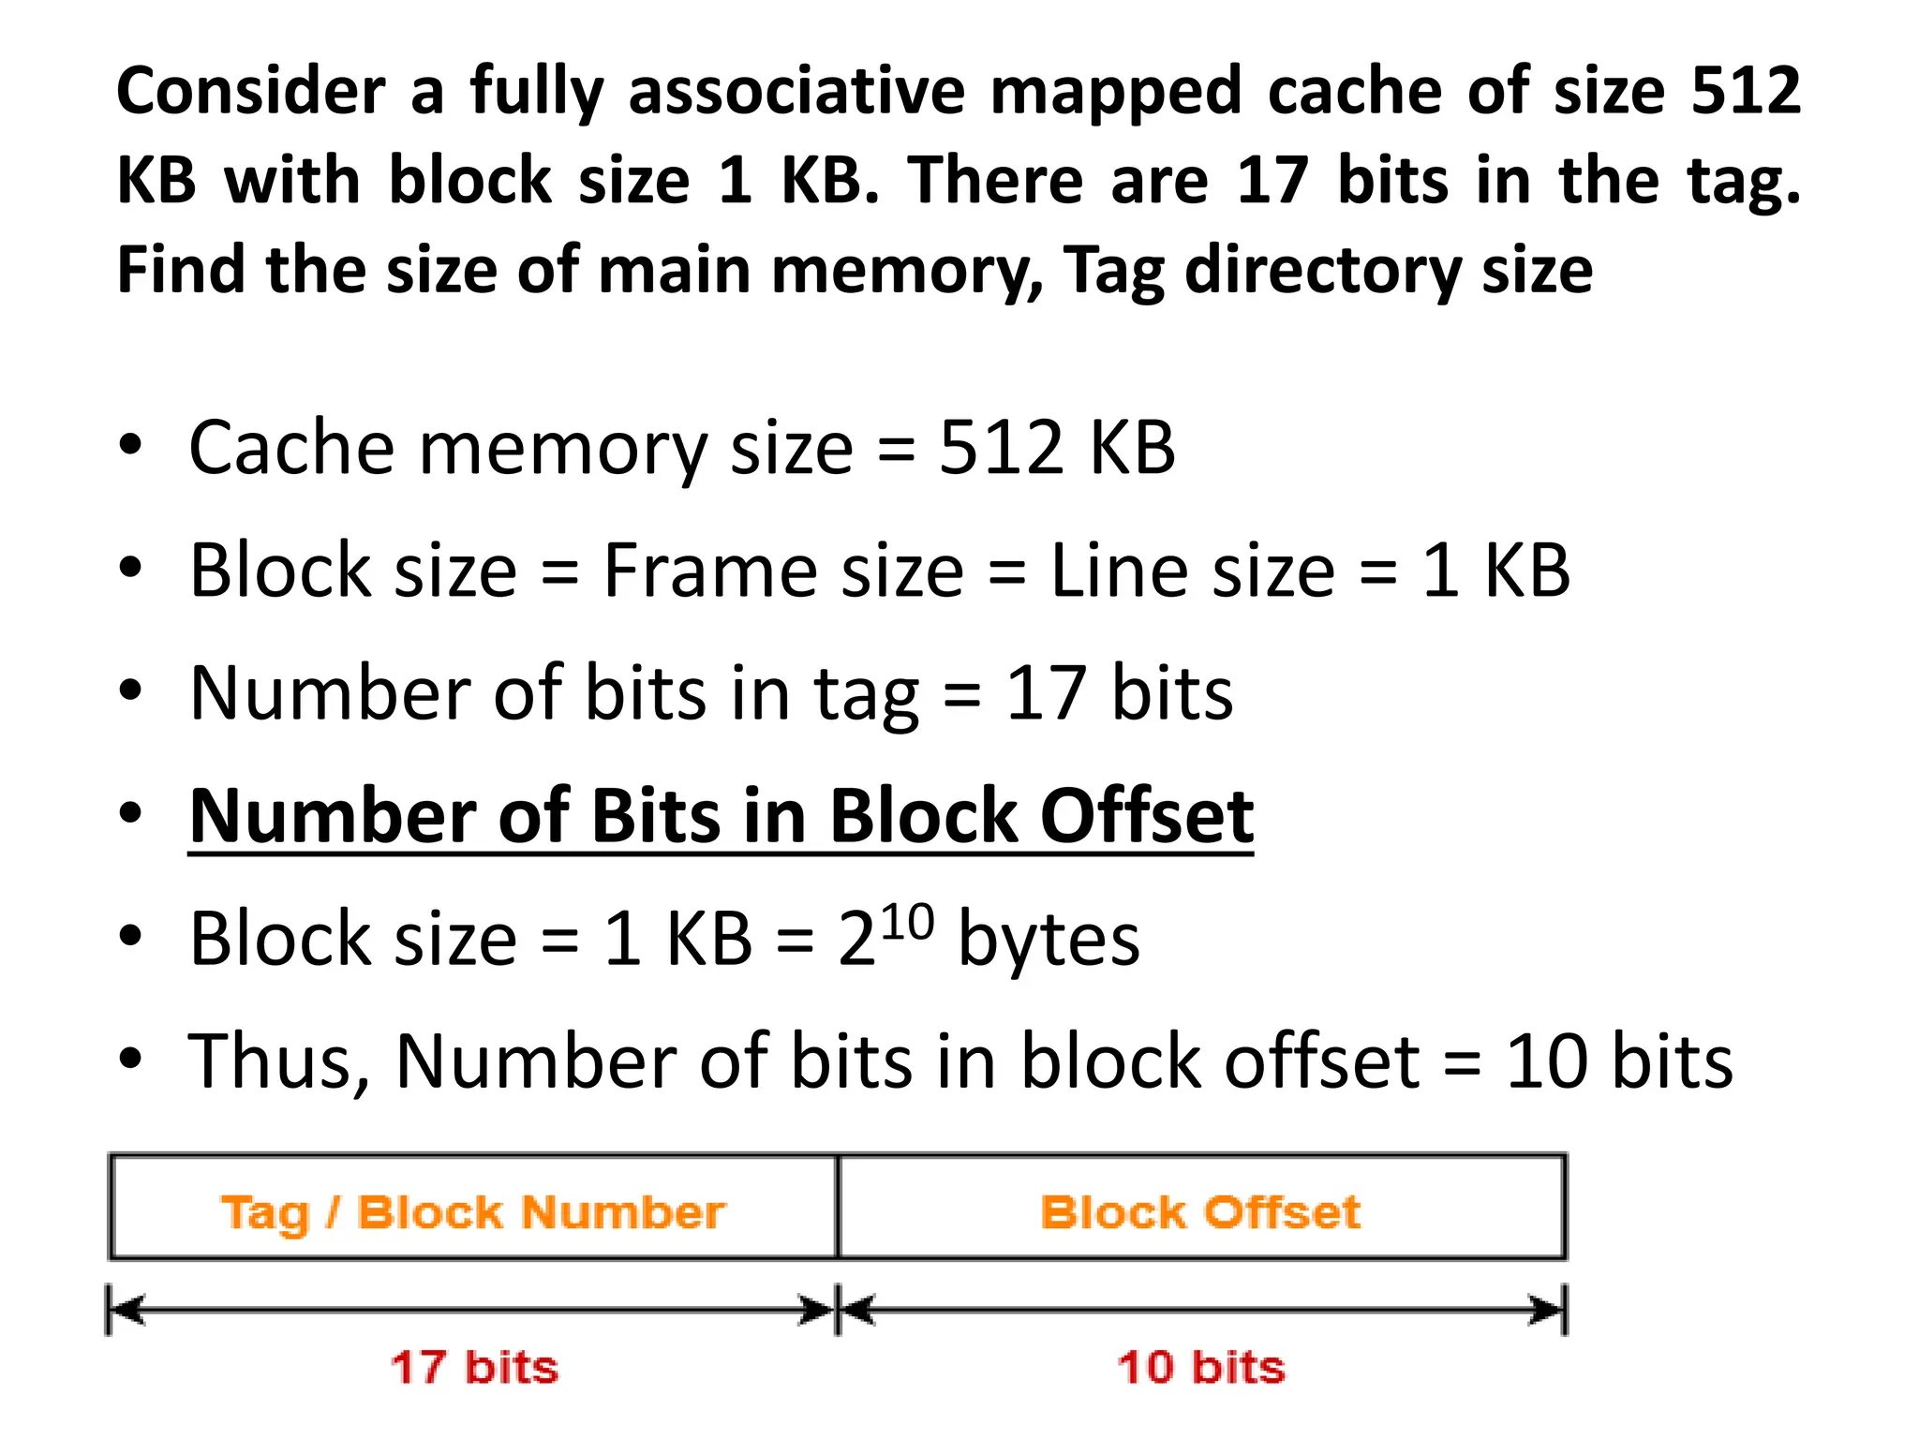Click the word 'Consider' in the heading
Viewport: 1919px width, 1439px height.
(250, 91)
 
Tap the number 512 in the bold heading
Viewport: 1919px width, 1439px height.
(1746, 91)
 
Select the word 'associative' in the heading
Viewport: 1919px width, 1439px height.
(796, 91)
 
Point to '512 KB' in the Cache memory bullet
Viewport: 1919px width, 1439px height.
(1056, 448)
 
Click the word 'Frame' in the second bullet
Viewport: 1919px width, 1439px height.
(782, 571)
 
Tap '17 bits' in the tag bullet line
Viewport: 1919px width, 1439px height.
(1119, 693)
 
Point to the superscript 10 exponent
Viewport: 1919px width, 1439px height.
(907, 921)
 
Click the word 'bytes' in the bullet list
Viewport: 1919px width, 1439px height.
(1049, 940)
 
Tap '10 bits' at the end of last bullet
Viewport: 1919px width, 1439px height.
(1619, 1062)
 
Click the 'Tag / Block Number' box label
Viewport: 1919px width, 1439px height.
(473, 1212)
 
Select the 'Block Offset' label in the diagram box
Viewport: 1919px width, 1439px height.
(1200, 1212)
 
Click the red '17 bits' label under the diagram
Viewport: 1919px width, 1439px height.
(474, 1367)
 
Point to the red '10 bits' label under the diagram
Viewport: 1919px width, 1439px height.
(1200, 1367)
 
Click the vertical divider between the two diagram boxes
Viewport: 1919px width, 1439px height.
(838, 1208)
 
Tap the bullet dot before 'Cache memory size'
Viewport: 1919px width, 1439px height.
(130, 445)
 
